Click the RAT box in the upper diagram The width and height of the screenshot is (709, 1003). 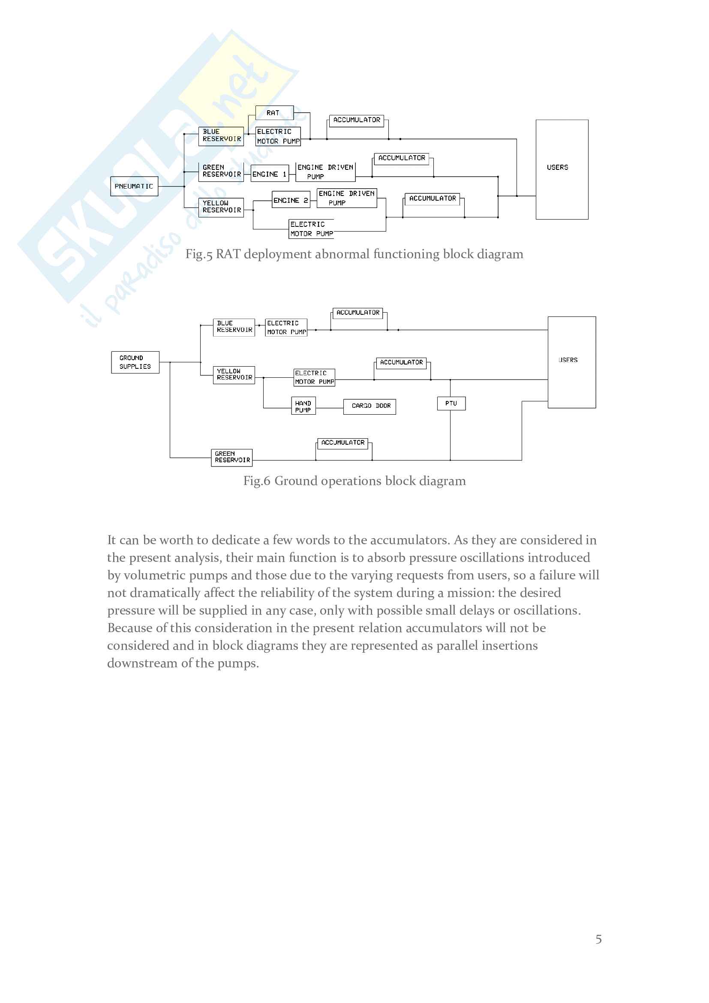point(274,113)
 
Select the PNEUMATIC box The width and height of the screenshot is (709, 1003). point(134,187)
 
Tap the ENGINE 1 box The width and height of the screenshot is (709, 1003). point(269,174)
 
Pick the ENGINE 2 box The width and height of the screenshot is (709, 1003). point(291,200)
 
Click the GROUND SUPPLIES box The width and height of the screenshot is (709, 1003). point(135,362)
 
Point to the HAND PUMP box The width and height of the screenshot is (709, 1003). point(303,406)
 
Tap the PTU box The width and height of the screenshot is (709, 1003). point(451,403)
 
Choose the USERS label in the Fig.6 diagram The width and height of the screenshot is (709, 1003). point(568,360)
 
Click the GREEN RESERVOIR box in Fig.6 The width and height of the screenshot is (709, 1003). point(232,458)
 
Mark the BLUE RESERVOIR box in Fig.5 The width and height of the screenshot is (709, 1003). point(221,136)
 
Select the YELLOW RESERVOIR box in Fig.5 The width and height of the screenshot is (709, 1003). point(221,207)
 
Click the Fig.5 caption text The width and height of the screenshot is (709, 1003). point(354,254)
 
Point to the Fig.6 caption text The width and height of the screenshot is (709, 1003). point(354,481)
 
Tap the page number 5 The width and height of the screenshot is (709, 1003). point(598,939)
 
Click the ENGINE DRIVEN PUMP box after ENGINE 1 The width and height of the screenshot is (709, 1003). point(326,172)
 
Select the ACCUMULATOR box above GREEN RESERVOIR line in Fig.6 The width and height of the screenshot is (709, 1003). point(343,443)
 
